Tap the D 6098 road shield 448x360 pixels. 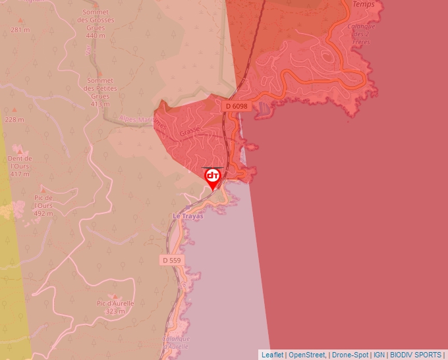236,106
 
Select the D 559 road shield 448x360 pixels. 171,261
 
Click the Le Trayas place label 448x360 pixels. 188,216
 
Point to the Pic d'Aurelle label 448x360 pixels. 115,307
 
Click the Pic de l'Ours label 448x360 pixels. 43,205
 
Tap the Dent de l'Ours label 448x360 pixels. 20,166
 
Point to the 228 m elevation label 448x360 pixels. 14,120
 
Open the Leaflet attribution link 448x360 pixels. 272,355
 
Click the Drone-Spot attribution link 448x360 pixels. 350,355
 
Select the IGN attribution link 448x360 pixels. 379,355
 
